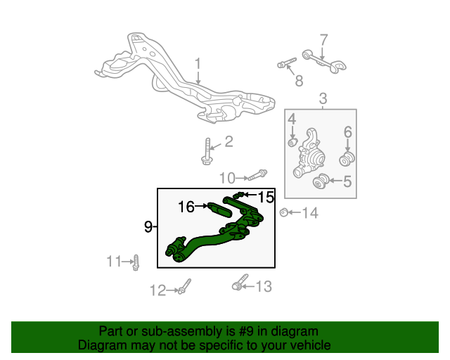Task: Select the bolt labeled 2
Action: pos(207,151)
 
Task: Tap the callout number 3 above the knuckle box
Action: pos(323,98)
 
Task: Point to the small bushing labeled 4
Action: pos(292,142)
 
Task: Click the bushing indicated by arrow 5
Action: pos(321,181)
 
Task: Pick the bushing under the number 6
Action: pos(347,159)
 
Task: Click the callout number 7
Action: pos(323,40)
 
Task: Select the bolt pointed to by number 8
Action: pos(287,63)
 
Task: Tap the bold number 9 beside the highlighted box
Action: pos(148,227)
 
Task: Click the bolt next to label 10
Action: pos(258,175)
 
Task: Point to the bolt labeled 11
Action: pos(136,263)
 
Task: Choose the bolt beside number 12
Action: pos(184,286)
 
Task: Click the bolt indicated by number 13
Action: pos(240,282)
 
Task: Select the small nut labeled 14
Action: pos(284,212)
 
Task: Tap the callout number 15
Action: pos(266,197)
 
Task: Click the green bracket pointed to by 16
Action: pos(219,210)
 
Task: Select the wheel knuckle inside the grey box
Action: pos(309,153)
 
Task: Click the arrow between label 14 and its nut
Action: pos(295,212)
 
